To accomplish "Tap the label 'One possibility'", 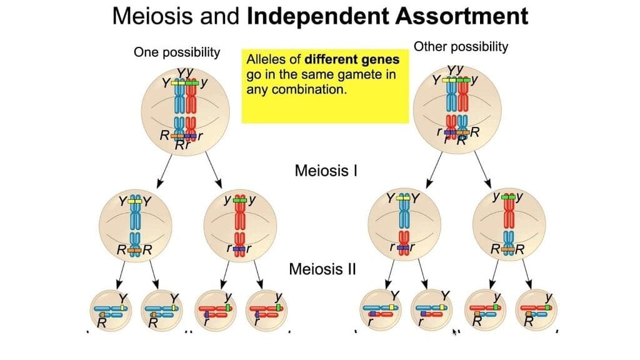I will click(177, 52).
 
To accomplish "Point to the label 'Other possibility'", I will click(462, 46).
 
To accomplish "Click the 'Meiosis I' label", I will click(326, 170).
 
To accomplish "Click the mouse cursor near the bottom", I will click(455, 331).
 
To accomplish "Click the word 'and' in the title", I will click(224, 16).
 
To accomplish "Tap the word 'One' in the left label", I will click(146, 52).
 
